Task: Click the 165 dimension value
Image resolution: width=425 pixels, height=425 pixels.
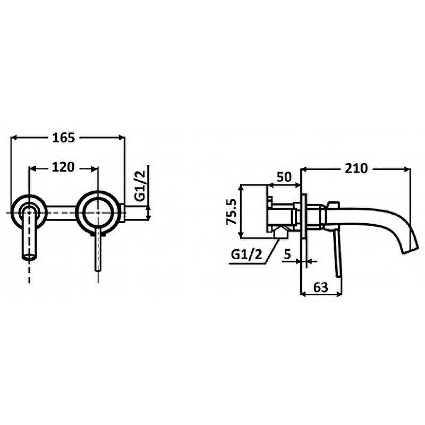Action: (x=63, y=138)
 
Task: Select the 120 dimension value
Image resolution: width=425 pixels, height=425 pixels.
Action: (x=63, y=167)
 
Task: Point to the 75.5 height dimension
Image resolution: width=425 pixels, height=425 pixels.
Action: (x=232, y=211)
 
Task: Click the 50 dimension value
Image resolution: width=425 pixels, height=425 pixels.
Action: (x=284, y=177)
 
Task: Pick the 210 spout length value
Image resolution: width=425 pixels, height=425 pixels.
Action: (x=356, y=168)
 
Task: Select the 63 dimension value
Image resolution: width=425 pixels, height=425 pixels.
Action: (x=321, y=287)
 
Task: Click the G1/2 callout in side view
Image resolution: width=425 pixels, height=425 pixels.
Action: (x=246, y=254)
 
